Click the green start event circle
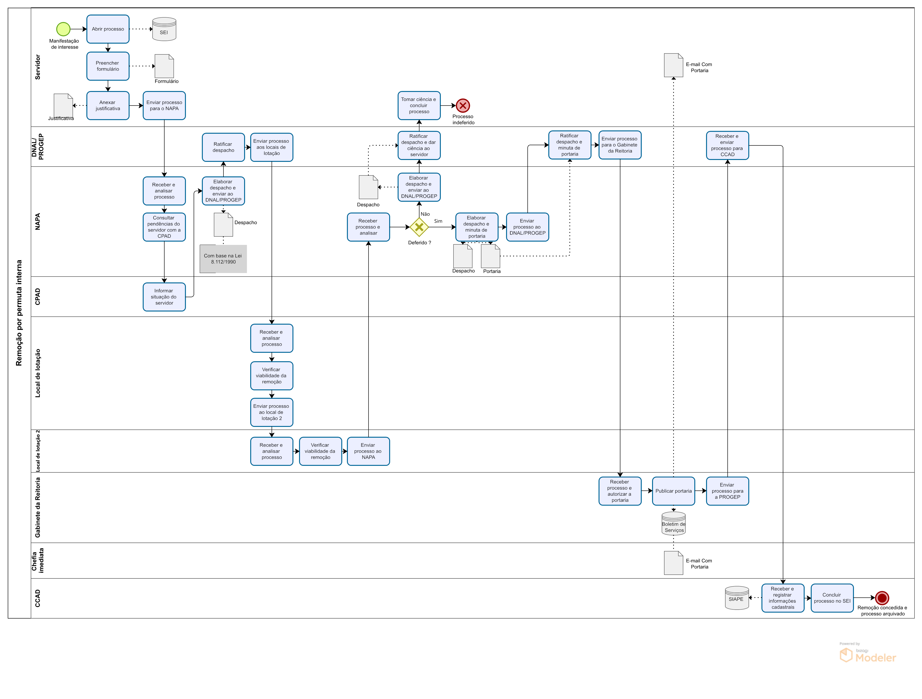click(63, 29)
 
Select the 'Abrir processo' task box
click(108, 29)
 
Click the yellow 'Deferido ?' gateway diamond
click(419, 227)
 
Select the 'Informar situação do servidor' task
click(164, 297)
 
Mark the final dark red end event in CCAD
click(882, 598)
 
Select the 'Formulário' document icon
click(164, 66)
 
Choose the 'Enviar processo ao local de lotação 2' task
click(272, 412)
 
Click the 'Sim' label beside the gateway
click(438, 221)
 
